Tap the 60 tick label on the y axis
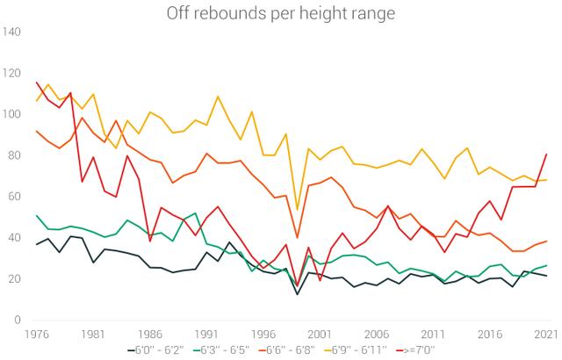click(x=15, y=197)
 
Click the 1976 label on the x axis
click(x=37, y=335)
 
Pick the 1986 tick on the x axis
click(x=150, y=335)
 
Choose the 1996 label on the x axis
click(x=263, y=335)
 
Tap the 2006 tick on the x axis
click(x=377, y=335)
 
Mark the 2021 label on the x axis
click(x=546, y=335)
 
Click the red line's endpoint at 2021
click(x=546, y=155)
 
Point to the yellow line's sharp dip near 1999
click(x=298, y=209)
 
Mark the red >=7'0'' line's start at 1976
click(x=37, y=83)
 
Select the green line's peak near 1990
click(x=195, y=213)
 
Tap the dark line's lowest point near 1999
click(x=298, y=293)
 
